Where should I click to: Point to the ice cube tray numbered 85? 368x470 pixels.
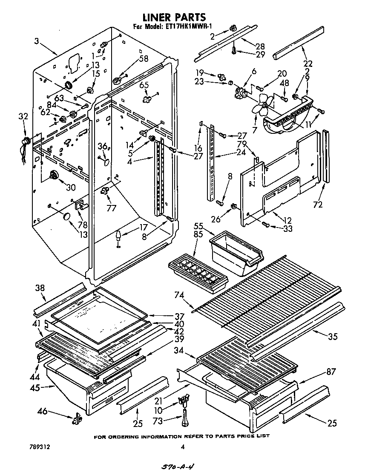pyautogui.click(x=198, y=273)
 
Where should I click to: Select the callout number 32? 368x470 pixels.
pyautogui.click(x=23, y=116)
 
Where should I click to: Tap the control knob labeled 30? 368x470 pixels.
pyautogui.click(x=54, y=174)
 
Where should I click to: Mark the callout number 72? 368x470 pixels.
pyautogui.click(x=318, y=205)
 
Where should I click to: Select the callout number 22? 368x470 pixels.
pyautogui.click(x=308, y=64)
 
